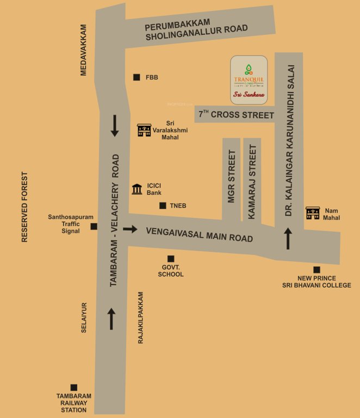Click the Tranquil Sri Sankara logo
[x=249, y=79]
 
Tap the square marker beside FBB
[x=136, y=77]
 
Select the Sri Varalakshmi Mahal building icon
[x=144, y=130]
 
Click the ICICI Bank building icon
[x=138, y=189]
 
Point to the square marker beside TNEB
[x=162, y=206]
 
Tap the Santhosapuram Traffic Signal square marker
[x=94, y=226]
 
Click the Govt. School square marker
[x=171, y=259]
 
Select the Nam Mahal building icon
[x=312, y=213]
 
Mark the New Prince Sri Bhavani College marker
[x=316, y=269]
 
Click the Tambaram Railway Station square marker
[x=74, y=387]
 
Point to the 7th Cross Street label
[x=236, y=114]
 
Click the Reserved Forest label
[x=24, y=207]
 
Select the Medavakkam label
[x=84, y=50]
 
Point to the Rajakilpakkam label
[x=140, y=317]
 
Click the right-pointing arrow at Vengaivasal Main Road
[x=130, y=229]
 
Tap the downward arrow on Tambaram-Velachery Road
[x=115, y=126]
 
